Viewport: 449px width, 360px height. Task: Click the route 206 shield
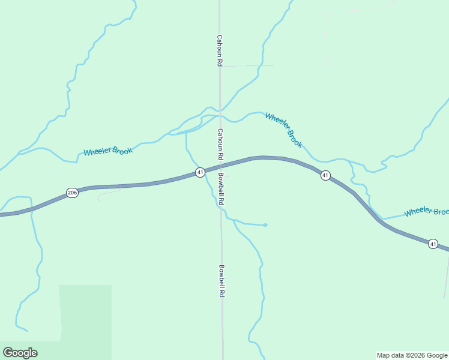coord(72,193)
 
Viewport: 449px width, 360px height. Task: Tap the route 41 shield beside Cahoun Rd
coord(200,172)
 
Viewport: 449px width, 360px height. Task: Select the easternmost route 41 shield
coord(433,244)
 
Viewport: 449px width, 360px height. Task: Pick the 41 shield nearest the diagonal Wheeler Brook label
coord(325,175)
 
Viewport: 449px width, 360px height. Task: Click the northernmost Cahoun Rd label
coord(220,49)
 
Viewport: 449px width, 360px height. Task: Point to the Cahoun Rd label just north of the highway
coord(220,144)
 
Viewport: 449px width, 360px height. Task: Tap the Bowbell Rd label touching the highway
coord(221,190)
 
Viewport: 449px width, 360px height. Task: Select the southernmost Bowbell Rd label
coord(221,281)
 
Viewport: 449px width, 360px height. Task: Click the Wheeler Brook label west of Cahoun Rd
coord(107,151)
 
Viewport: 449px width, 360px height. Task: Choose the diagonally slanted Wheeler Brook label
coord(283,130)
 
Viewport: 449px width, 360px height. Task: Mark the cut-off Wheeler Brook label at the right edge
coord(426,212)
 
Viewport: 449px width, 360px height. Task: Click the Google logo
coord(20,353)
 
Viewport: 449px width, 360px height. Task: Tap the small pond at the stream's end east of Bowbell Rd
coord(265,225)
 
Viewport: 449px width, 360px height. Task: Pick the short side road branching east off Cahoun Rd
coord(246,65)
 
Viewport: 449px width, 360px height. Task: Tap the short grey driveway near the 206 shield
coord(109,193)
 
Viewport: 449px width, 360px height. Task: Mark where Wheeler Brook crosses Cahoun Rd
coord(220,113)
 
